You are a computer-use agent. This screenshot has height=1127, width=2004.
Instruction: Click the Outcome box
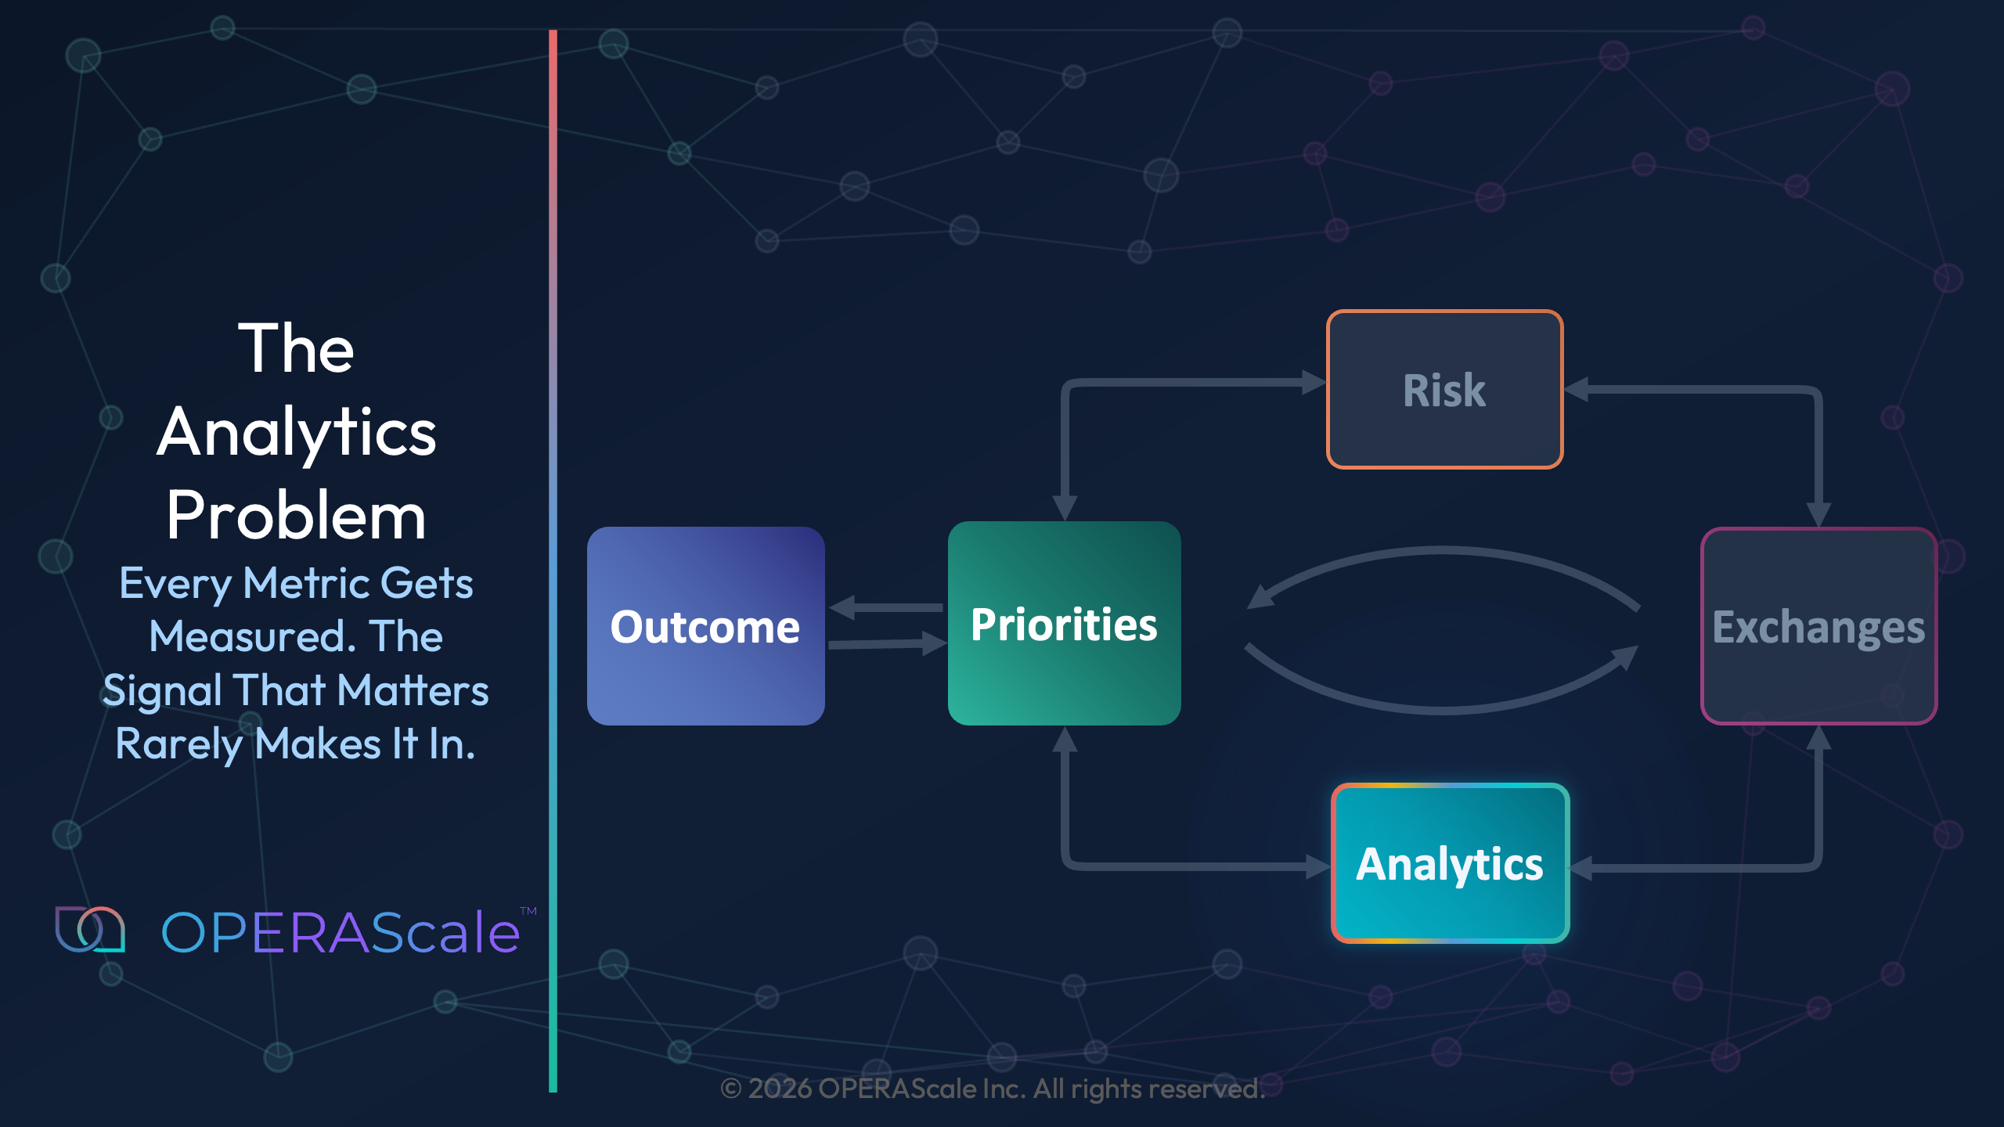705,626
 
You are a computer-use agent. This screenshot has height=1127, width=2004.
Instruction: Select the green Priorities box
1064,624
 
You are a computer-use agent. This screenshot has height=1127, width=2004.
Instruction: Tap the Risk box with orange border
1444,390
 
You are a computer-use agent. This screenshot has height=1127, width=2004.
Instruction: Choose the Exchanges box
1818,626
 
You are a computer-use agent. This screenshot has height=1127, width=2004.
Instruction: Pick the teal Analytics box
1450,863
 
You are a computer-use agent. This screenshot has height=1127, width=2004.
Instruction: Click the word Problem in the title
296,516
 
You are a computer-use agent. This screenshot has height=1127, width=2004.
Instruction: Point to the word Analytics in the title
296,432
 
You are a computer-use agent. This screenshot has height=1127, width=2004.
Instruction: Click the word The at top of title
296,348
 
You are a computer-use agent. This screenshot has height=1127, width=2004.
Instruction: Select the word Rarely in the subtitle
179,744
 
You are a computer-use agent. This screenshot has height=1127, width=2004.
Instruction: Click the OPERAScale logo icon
90,930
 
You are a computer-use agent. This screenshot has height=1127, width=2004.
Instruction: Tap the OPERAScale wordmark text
341,932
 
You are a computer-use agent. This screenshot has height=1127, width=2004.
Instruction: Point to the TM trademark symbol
528,911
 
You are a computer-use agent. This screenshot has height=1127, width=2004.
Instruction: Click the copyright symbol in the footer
730,1089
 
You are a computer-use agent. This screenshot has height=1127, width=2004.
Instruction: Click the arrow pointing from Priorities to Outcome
885,607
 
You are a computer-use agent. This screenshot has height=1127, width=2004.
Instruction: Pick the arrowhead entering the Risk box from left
1313,383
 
